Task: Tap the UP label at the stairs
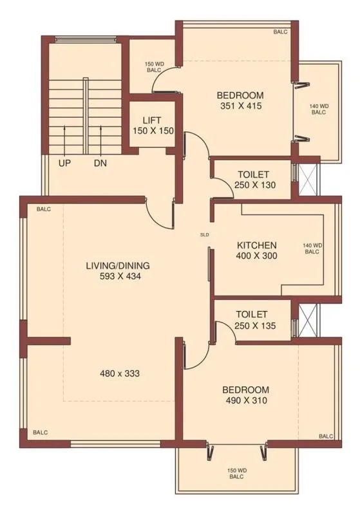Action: coord(64,164)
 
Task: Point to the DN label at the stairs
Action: coord(100,164)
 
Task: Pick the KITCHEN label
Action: coord(257,245)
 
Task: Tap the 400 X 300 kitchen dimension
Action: coord(257,256)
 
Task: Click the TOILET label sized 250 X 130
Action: coord(253,174)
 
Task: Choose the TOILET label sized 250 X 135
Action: coord(251,314)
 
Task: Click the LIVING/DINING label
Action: coord(118,265)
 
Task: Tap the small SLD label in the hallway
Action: coord(205,234)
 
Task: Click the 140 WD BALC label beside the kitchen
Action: coord(312,248)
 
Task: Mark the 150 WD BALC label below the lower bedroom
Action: coord(236,474)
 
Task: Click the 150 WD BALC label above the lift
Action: coord(153,67)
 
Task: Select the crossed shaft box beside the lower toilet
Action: coord(308,319)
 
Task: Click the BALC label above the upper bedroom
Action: coord(280,32)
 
